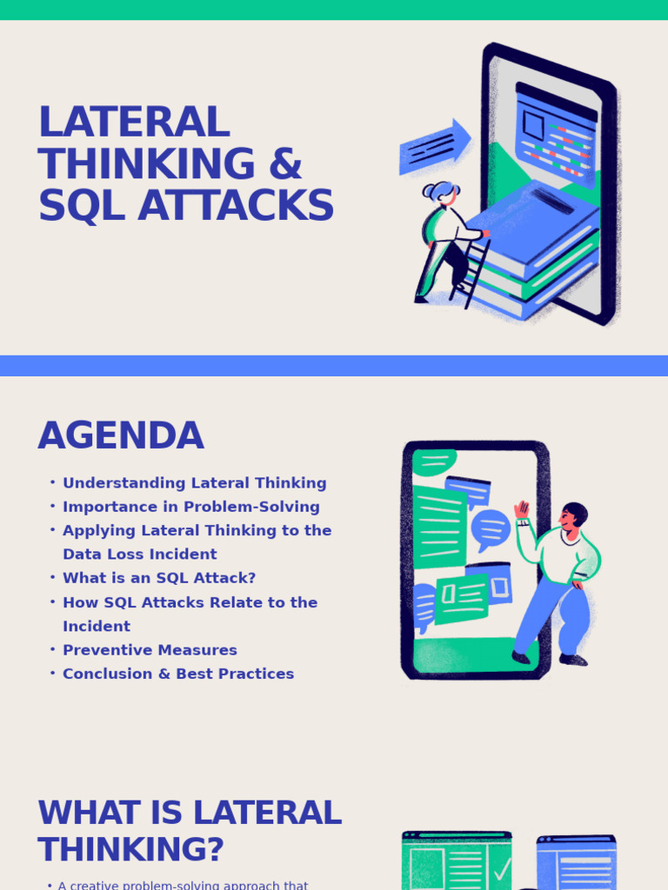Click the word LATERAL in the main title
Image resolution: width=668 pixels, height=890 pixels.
pyautogui.click(x=133, y=123)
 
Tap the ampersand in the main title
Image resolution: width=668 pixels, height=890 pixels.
pyautogui.click(x=285, y=164)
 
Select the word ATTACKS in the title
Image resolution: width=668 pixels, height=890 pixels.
pyautogui.click(x=236, y=207)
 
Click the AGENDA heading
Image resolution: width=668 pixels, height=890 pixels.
pyautogui.click(x=120, y=435)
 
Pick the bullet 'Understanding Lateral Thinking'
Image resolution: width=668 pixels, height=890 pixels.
pyautogui.click(x=194, y=483)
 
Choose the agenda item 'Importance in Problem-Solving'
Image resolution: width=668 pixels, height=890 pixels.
pyautogui.click(x=190, y=507)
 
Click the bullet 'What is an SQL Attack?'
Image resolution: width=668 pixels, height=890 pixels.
pyautogui.click(x=158, y=578)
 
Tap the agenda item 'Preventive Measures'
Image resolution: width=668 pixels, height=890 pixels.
pyautogui.click(x=150, y=650)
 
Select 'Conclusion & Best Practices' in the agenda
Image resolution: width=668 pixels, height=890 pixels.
pyautogui.click(x=177, y=674)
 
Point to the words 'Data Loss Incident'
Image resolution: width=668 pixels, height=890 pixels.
pyautogui.click(x=139, y=555)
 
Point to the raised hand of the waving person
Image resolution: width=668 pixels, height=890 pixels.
pyautogui.click(x=522, y=509)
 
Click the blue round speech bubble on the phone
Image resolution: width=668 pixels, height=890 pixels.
pyautogui.click(x=491, y=528)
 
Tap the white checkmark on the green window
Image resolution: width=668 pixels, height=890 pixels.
pyautogui.click(x=502, y=869)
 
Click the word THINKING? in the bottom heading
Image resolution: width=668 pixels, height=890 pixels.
pyautogui.click(x=130, y=850)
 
